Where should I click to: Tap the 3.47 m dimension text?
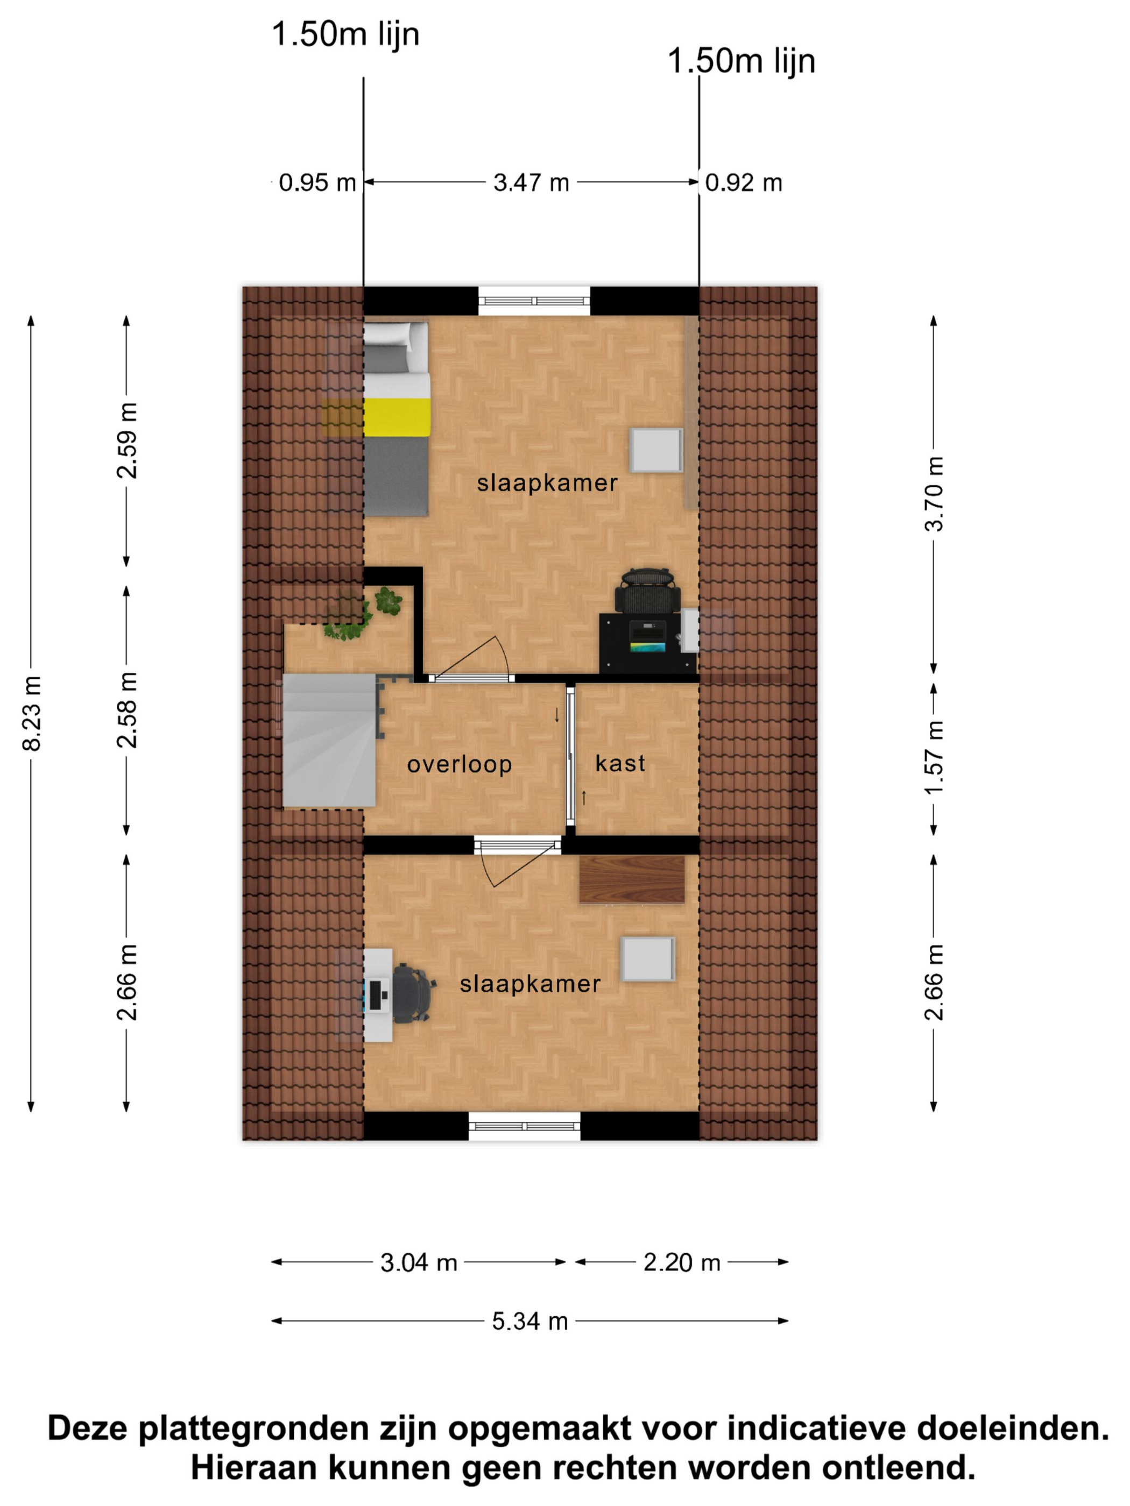click(x=531, y=182)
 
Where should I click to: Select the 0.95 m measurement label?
click(x=317, y=182)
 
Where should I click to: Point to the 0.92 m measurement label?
click(x=743, y=182)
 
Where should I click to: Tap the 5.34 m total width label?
click(x=530, y=1321)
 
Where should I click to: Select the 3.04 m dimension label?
click(x=418, y=1262)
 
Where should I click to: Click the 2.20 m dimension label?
click(x=682, y=1262)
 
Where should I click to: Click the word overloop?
click(x=459, y=765)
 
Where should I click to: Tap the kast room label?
click(x=620, y=763)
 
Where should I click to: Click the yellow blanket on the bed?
click(x=397, y=417)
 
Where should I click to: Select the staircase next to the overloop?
click(x=330, y=741)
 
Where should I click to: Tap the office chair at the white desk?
click(x=413, y=993)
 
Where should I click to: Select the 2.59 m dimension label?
click(x=126, y=440)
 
